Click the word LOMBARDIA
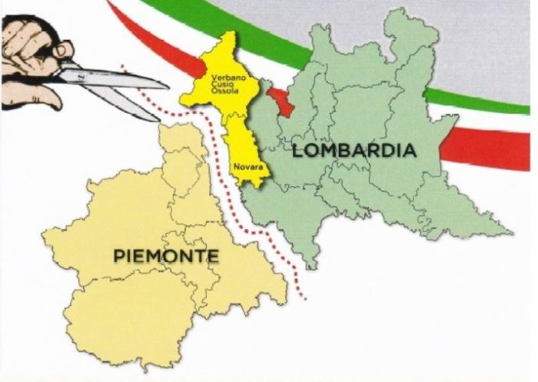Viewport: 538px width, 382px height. tap(354, 151)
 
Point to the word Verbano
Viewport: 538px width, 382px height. tap(227, 78)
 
